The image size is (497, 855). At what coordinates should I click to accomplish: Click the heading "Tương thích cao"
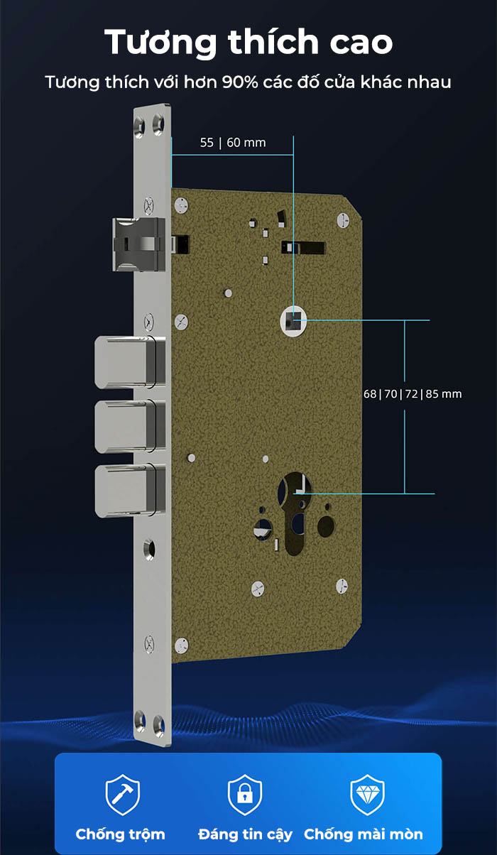[x=248, y=43]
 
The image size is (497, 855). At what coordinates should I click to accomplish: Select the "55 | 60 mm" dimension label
[x=233, y=143]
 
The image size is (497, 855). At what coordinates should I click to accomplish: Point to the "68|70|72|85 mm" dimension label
[x=413, y=394]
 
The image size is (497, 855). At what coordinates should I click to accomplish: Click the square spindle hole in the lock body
[x=293, y=321]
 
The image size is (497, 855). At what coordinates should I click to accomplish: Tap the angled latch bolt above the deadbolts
[x=139, y=244]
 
